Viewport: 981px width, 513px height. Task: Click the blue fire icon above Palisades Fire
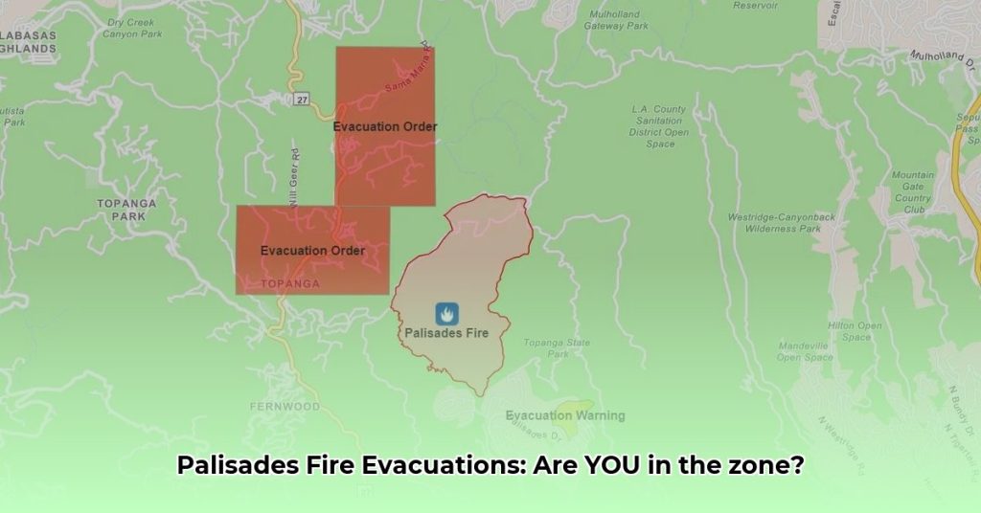pyautogui.click(x=446, y=313)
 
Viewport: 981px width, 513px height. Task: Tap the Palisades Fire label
pyautogui.click(x=446, y=333)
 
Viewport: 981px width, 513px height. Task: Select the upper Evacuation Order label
pyautogui.click(x=385, y=126)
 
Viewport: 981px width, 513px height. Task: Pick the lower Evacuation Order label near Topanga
pyautogui.click(x=312, y=251)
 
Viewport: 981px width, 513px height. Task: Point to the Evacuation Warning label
pyautogui.click(x=565, y=415)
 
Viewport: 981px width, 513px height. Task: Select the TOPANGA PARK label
pyautogui.click(x=122, y=210)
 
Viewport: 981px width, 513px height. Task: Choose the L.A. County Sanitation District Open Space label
pyautogui.click(x=659, y=126)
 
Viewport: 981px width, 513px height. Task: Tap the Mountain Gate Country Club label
pyautogui.click(x=912, y=192)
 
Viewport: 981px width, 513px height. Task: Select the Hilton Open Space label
pyautogui.click(x=856, y=331)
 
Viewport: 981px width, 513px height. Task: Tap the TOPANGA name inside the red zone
pyautogui.click(x=290, y=284)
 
